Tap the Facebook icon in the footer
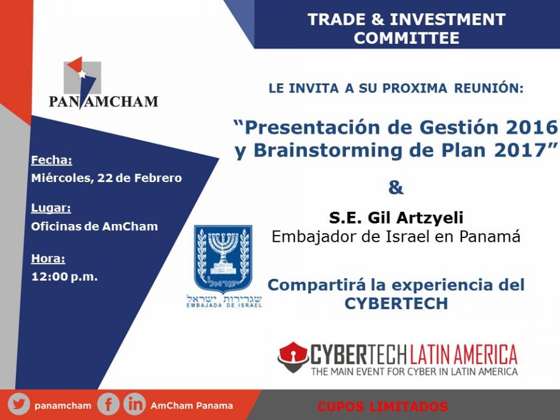click(108, 405)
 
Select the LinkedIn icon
click(135, 405)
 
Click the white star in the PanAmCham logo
click(82, 74)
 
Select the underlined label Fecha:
click(52, 160)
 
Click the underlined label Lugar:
click(51, 208)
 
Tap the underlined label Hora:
click(48, 258)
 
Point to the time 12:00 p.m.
click(65, 276)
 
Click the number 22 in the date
click(105, 178)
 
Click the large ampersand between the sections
click(396, 187)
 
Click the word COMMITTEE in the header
click(407, 38)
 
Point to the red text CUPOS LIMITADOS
click(382, 407)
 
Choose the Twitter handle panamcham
click(63, 406)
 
